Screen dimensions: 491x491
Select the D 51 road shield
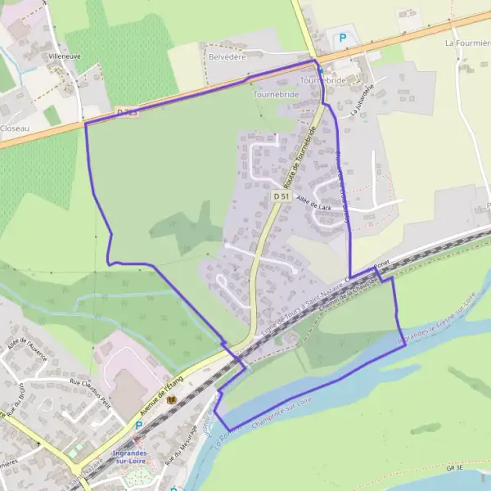[x=281, y=197]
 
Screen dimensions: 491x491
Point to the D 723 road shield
[x=126, y=111]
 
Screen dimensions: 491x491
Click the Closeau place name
[x=16, y=128]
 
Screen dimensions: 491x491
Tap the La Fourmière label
[x=468, y=42]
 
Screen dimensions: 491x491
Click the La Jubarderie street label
[x=361, y=101]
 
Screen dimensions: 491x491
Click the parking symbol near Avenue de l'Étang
[x=138, y=426]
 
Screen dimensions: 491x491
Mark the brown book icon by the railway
[x=171, y=400]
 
